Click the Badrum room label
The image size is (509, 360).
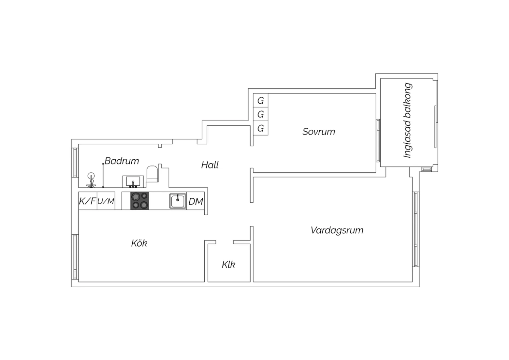point(122,161)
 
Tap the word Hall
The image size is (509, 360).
point(210,165)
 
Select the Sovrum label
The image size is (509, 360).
point(319,132)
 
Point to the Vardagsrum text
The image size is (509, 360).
point(337,230)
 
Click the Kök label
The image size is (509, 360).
point(139,243)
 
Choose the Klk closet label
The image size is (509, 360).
point(228,265)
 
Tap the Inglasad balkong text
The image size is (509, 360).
point(408,121)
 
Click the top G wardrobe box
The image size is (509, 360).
point(261,101)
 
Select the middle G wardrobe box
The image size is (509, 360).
point(261,114)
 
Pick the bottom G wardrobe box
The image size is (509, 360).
point(261,128)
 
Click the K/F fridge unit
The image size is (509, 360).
point(88,201)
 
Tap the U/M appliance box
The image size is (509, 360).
point(106,201)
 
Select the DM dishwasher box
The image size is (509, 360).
point(196,201)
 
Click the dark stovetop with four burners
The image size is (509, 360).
point(139,201)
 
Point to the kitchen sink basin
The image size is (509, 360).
point(178,201)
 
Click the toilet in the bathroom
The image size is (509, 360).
point(152,174)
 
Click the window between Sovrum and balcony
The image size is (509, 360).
point(378,140)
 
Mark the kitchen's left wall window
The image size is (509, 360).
point(75,257)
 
